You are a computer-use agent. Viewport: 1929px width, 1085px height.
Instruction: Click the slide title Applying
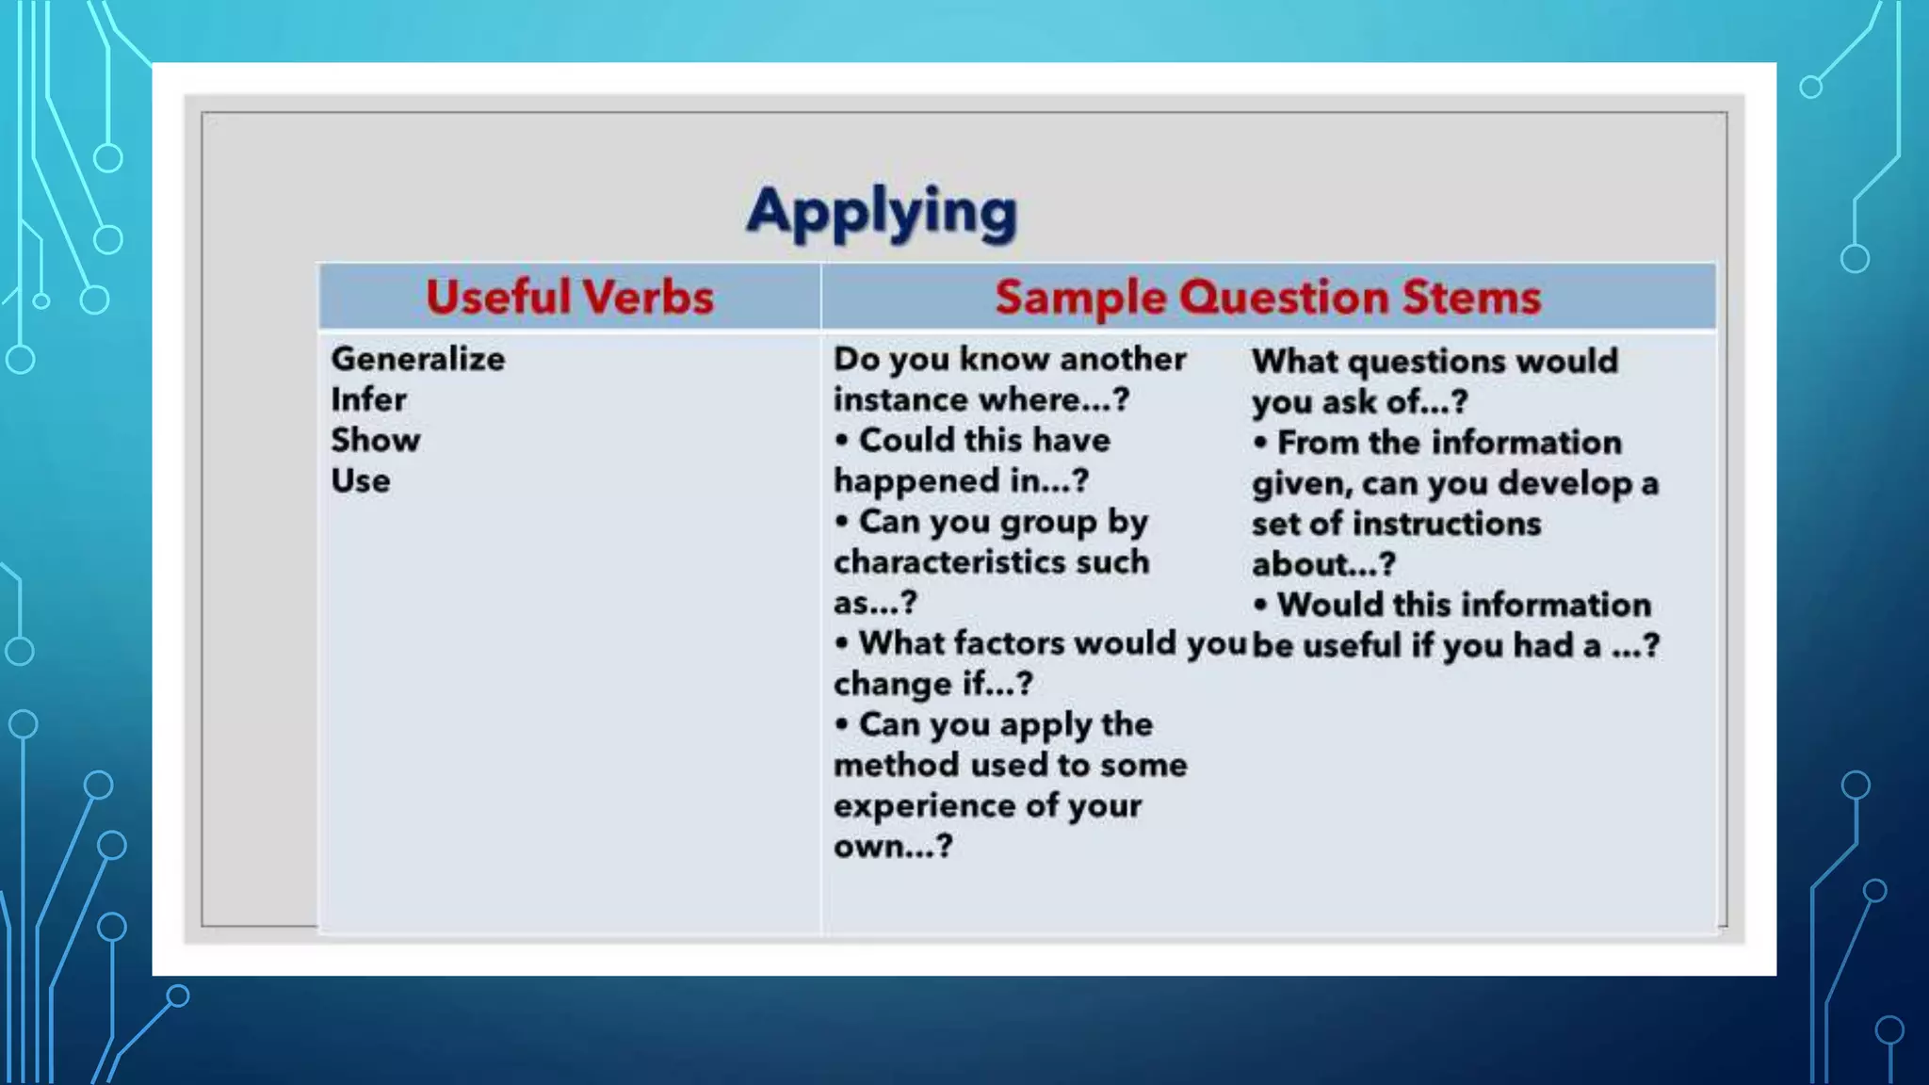tap(882, 211)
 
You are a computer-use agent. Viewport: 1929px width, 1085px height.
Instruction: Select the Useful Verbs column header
tap(569, 297)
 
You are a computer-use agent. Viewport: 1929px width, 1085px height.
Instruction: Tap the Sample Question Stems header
tap(1268, 297)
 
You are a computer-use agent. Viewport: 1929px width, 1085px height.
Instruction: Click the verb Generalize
tap(417, 359)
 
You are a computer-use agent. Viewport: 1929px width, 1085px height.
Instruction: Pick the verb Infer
tap(368, 399)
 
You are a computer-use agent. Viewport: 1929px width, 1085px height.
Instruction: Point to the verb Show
tap(375, 440)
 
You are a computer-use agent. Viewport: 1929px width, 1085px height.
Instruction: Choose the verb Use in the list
tap(360, 480)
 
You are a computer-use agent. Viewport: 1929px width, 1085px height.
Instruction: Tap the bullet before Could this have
tap(842, 440)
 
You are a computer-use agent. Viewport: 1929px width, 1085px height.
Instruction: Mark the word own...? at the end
tap(892, 847)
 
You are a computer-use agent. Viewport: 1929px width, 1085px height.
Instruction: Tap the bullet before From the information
tap(1260, 443)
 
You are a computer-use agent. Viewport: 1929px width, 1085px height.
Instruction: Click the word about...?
tap(1322, 564)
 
